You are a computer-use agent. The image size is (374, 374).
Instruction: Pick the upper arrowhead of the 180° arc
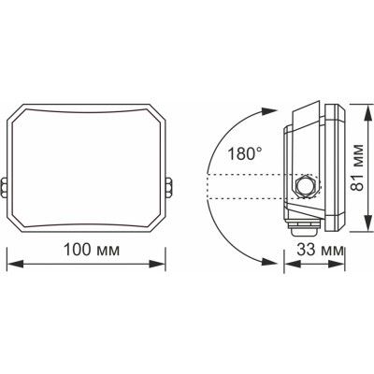tap(265, 108)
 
